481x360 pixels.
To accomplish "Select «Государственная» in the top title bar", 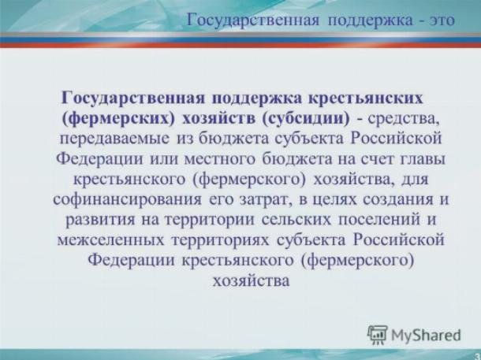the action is point(253,20).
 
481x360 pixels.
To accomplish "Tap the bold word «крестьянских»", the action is point(365,98).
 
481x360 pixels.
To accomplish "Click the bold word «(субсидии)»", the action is point(306,119).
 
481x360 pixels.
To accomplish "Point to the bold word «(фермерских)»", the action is point(118,119).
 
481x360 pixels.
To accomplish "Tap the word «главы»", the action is point(423,159).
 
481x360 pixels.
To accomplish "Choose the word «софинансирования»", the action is point(128,200).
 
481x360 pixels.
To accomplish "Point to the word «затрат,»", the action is point(264,200).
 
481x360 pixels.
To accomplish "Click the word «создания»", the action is point(398,200).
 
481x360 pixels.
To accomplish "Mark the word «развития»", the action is point(100,220).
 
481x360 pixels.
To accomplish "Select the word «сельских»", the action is point(296,220).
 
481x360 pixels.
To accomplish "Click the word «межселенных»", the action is point(110,240).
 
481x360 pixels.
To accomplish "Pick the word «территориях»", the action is point(220,240).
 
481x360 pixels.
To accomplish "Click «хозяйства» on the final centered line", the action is point(251,280).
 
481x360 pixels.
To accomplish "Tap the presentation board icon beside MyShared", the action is point(378,335).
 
